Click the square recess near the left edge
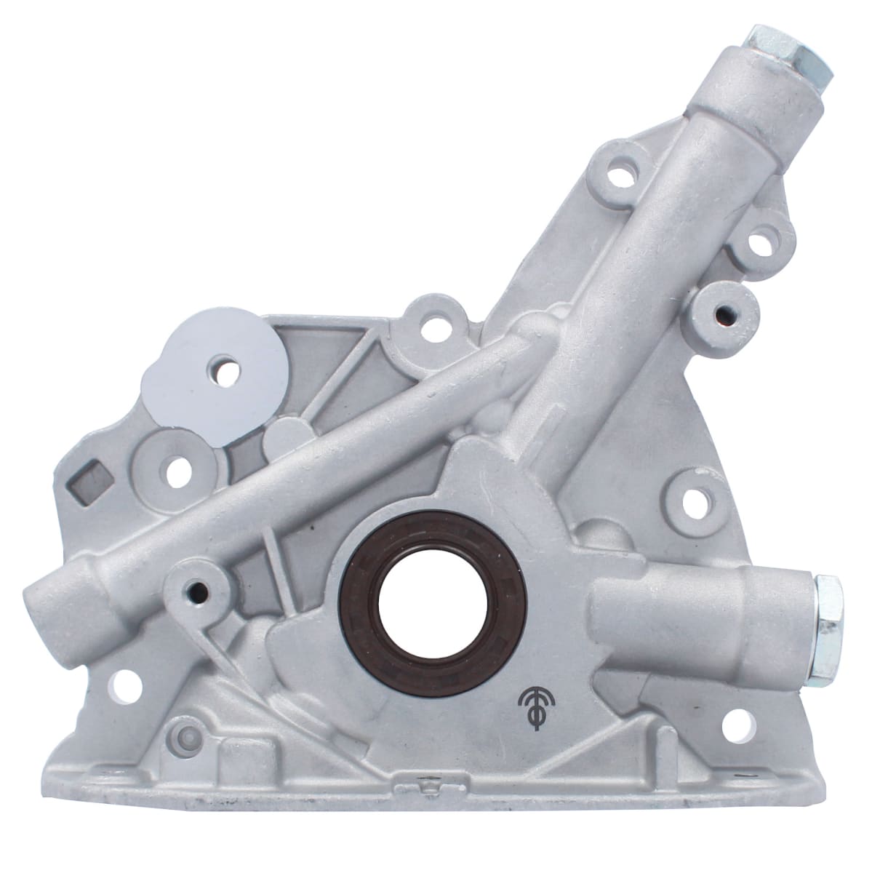coord(92,479)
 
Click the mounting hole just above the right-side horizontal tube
coord(700,499)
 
